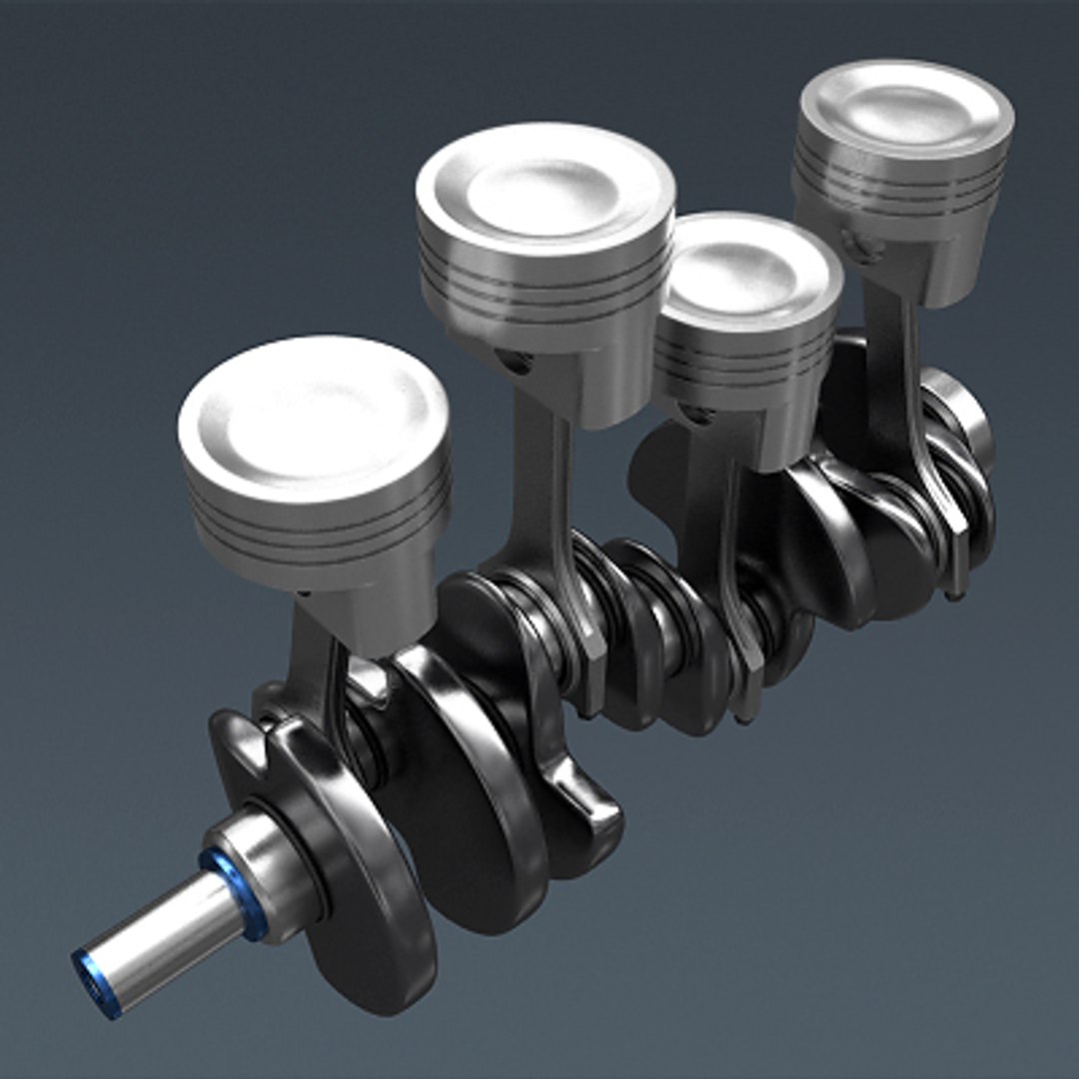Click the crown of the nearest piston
pyautogui.click(x=312, y=415)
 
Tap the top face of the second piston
pyautogui.click(x=544, y=187)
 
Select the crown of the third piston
pyautogui.click(x=747, y=268)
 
